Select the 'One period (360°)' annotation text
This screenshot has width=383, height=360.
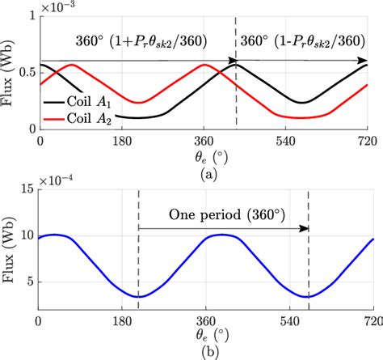pyautogui.click(x=221, y=215)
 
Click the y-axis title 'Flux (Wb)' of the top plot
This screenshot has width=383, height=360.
pyautogui.click(x=9, y=72)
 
